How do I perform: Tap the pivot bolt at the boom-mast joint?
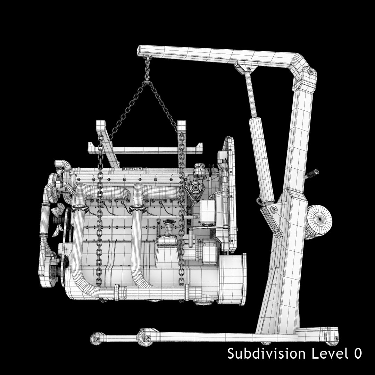310,72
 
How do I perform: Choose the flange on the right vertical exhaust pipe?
136,209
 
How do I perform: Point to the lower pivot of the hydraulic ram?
273,209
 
